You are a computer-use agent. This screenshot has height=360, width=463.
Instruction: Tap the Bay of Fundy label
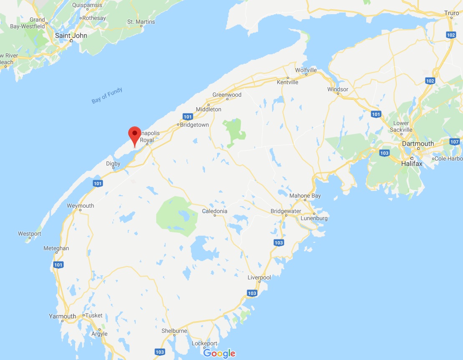point(107,96)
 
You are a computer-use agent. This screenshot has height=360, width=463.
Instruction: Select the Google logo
point(219,353)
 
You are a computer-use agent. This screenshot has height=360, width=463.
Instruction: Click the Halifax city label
point(412,164)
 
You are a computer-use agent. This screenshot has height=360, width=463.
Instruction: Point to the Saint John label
point(71,35)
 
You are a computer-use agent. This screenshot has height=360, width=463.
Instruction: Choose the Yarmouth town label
point(62,316)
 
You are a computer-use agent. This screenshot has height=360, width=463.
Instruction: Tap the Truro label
point(451,13)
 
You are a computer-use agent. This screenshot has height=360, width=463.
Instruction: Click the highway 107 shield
point(454,142)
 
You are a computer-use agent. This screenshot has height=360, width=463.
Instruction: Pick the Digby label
point(113,164)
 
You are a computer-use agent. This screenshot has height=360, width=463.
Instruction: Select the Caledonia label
point(215,211)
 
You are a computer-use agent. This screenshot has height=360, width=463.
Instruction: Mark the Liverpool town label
point(259,277)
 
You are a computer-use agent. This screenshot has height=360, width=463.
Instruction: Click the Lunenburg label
point(314,218)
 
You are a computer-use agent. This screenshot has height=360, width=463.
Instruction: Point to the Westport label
point(30,234)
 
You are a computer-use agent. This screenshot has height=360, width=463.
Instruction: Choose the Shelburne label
point(174,331)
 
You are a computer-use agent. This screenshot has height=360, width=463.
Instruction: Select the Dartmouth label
point(417,143)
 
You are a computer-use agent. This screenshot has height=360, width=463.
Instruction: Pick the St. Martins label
point(141,22)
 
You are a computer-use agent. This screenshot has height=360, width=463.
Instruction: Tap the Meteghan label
point(56,248)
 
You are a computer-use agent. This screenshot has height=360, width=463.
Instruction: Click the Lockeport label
point(205,343)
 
